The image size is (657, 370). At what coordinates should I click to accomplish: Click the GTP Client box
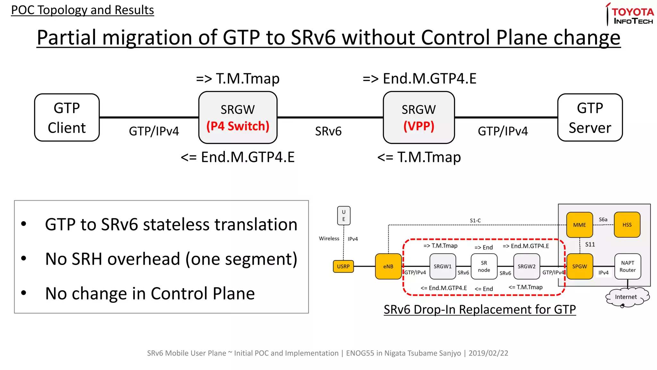pos(67,118)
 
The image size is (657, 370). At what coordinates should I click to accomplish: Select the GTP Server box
pos(590,118)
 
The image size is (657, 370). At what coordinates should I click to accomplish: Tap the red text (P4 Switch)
pos(238,126)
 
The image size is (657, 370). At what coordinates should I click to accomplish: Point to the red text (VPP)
pos(419,126)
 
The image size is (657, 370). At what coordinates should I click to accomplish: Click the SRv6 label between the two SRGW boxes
pos(328,131)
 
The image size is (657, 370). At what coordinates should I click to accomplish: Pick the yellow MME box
pos(579,225)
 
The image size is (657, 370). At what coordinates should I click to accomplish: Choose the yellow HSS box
pos(627,225)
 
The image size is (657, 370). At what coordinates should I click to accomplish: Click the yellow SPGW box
pos(579,266)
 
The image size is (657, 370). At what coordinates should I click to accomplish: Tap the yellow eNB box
pos(388,266)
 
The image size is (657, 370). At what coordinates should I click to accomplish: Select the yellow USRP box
pos(343,266)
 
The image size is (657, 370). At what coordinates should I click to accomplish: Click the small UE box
pos(344,216)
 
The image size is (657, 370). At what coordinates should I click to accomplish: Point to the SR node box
pos(484,266)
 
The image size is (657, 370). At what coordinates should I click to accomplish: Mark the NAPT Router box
pos(627,266)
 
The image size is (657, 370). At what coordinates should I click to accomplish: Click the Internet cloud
pos(626,297)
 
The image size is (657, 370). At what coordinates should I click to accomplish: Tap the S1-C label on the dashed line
pos(475,221)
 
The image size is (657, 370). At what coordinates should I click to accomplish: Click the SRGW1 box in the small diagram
pos(442,266)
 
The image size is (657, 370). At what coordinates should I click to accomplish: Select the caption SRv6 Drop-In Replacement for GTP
pos(480,310)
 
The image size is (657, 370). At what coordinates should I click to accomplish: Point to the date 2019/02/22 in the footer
pos(488,353)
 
